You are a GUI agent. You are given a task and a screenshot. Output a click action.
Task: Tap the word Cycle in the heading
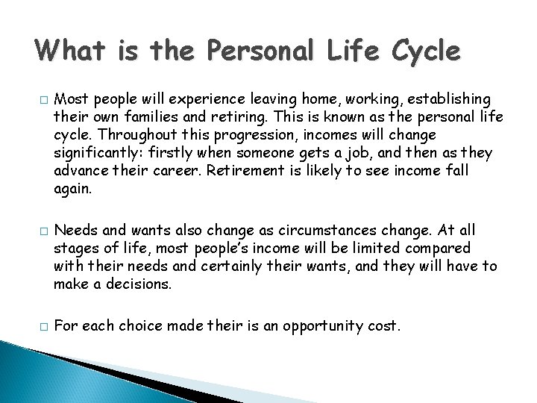pyautogui.click(x=424, y=51)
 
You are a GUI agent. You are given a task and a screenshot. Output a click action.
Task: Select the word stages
pyautogui.click(x=74, y=248)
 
